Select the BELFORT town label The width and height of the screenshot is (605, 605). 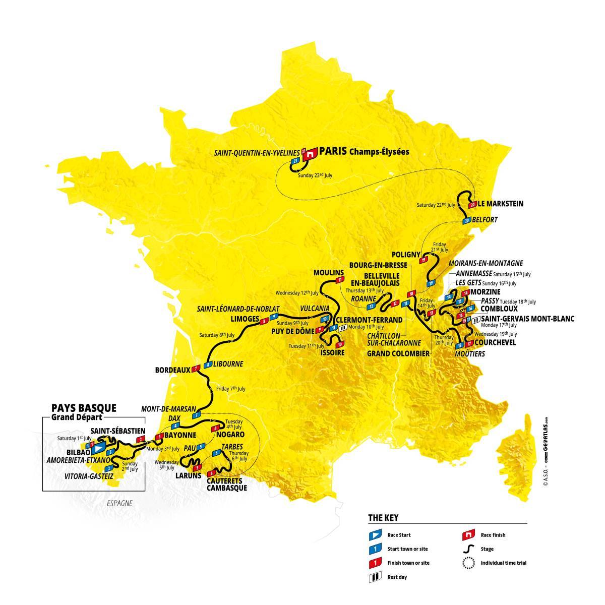click(x=485, y=220)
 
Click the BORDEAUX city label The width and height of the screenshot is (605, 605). click(x=172, y=369)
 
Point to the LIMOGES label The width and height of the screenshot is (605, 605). click(x=245, y=319)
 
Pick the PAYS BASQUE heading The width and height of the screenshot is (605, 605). click(x=84, y=407)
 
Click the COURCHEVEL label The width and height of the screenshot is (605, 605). click(x=496, y=342)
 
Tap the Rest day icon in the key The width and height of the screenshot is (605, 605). click(x=374, y=577)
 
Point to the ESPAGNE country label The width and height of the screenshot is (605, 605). click(x=119, y=503)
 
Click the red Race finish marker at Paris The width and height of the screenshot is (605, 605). click(x=313, y=154)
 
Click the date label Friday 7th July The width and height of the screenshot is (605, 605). click(x=230, y=389)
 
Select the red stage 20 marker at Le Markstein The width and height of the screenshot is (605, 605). click(x=472, y=205)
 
